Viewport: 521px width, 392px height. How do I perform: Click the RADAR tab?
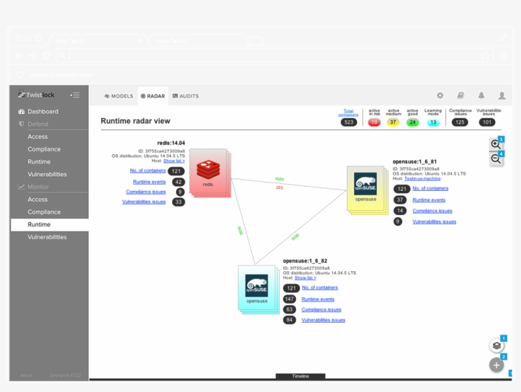click(152, 96)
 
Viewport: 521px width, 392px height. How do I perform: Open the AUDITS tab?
click(186, 96)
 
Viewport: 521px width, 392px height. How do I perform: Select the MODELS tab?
click(119, 96)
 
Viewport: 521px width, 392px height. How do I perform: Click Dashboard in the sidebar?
click(43, 111)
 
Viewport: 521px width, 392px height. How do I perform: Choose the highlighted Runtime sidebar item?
click(39, 225)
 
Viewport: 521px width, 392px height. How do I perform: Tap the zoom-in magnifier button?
click(496, 144)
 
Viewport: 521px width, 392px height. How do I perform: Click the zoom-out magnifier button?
click(496, 159)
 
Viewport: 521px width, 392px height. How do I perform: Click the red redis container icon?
click(208, 171)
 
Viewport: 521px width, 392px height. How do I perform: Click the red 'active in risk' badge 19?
click(374, 122)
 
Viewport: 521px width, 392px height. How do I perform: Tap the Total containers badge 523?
click(348, 122)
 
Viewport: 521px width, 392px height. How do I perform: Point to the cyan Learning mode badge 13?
click(433, 122)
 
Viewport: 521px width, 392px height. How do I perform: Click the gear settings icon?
click(440, 95)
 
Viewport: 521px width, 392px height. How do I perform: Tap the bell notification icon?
click(481, 95)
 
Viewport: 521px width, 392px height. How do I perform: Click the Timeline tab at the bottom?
click(301, 376)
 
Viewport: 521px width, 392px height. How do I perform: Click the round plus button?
click(496, 365)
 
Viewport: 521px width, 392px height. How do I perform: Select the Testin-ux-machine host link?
click(422, 179)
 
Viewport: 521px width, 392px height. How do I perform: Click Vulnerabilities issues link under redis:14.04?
click(144, 202)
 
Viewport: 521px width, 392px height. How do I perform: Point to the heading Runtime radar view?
click(135, 121)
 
